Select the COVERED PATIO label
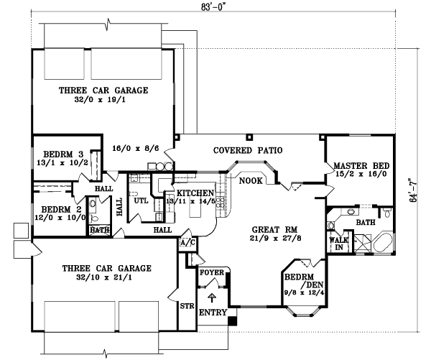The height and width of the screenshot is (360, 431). point(247,150)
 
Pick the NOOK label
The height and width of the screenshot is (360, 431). point(250,180)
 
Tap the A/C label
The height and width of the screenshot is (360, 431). point(187,243)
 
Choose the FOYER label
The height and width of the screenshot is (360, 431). point(213,273)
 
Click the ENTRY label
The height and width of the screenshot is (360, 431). point(213,313)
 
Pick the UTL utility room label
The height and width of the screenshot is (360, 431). point(141,200)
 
